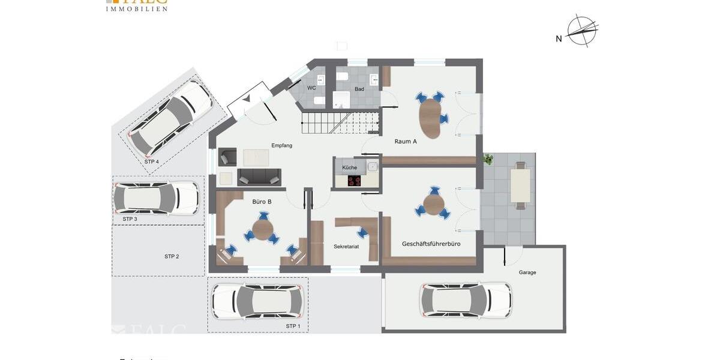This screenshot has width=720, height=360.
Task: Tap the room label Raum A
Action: coord(406,142)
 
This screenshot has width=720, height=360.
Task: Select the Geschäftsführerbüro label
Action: coord(431,244)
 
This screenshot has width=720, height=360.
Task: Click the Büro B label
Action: coord(262,202)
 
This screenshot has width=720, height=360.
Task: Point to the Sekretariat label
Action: coord(346,247)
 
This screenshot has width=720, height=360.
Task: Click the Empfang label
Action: coord(281,145)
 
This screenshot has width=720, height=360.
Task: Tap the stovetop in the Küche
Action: coord(355,181)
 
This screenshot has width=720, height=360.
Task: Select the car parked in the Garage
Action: coord(466,300)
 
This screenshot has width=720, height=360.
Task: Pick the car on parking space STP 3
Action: coord(155,198)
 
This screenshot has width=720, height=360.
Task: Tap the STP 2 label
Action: coord(172,257)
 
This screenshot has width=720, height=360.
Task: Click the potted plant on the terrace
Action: coord(488,160)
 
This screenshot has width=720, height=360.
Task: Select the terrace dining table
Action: coord(520,185)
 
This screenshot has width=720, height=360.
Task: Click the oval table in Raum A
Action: coord(430,116)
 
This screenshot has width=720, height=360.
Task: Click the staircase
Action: coord(339,123)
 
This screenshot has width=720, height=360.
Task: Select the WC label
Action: coord(311,88)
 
